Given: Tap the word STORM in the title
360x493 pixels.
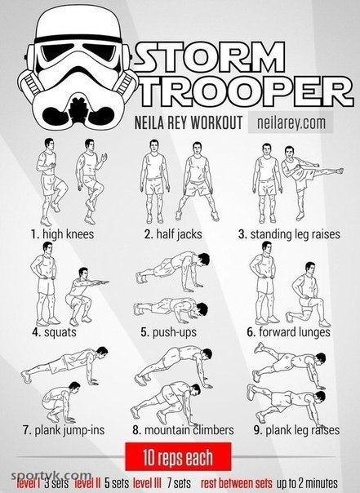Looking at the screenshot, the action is [210, 57].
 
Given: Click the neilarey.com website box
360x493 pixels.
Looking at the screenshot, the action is [291, 122].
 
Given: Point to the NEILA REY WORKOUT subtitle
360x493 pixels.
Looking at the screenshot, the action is [189, 122].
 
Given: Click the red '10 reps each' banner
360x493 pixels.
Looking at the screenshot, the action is [178, 456].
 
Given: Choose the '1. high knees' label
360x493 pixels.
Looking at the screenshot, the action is [62, 234].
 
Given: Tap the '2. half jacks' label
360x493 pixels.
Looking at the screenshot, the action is [173, 234].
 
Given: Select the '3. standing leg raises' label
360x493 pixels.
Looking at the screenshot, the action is [289, 234].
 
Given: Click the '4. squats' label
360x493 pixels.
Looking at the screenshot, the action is [54, 332].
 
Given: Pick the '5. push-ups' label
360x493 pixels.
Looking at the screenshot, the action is [168, 332].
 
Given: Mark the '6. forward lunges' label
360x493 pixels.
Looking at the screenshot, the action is [289, 332].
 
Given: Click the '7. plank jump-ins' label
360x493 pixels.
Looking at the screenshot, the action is [64, 430].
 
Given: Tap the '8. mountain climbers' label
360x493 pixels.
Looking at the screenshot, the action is [184, 430].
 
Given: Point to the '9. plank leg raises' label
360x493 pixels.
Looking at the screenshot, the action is [296, 430].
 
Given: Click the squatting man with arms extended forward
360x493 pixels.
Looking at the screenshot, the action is [85, 296].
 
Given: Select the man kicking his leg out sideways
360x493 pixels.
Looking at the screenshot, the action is [308, 182].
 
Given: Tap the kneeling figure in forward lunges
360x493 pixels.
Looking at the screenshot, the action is [308, 295].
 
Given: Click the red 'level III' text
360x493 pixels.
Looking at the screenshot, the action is [147, 483].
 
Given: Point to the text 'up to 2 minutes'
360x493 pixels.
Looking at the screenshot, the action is [307, 483].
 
